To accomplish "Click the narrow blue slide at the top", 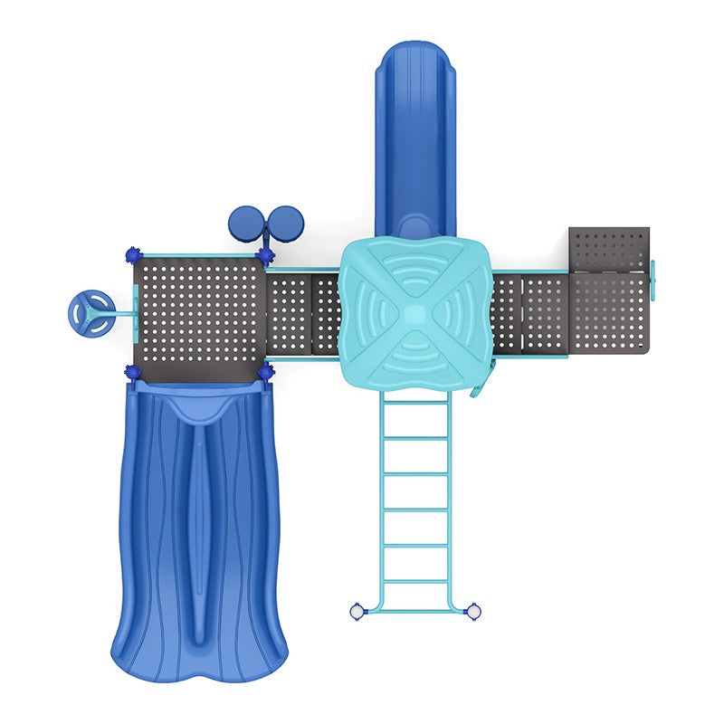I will click(x=415, y=136).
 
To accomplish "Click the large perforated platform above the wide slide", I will click(x=198, y=312).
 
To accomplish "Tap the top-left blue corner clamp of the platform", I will click(x=132, y=254).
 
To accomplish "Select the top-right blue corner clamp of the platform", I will click(x=265, y=255).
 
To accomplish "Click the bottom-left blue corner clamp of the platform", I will click(x=132, y=371).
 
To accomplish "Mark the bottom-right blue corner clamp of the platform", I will click(x=265, y=371).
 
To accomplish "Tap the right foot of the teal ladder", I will click(x=472, y=612).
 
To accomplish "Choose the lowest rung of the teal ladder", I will click(x=415, y=582).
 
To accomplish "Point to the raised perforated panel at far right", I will click(x=609, y=248).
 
